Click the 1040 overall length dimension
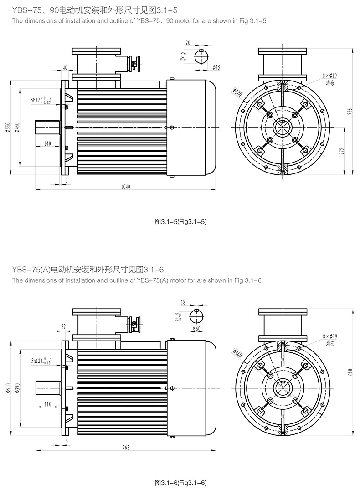point(126,187)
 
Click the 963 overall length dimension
point(126,448)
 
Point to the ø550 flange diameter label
point(8,129)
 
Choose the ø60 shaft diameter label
point(197,328)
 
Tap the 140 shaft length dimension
point(47,143)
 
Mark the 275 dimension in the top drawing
point(342,152)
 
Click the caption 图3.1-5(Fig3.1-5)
point(181,222)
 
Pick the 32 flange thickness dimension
point(63,326)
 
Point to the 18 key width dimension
point(183,302)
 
